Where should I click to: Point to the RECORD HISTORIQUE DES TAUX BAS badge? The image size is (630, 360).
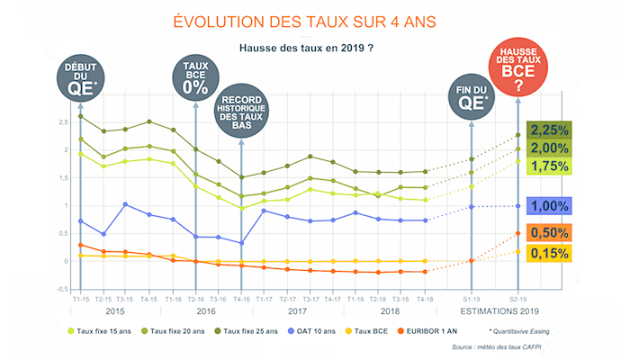click(240, 116)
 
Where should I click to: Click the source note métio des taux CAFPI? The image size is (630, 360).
click(516, 347)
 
